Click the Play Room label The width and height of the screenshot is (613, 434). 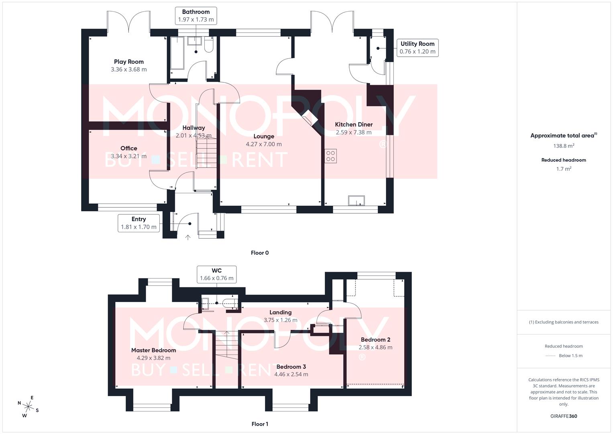tap(128, 61)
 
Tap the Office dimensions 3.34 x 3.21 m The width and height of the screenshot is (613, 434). tap(128, 156)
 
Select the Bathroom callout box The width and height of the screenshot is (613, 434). tap(196, 16)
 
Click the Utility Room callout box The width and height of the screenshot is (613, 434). tap(417, 47)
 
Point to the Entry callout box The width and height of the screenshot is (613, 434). tap(138, 223)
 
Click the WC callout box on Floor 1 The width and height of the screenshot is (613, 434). tap(216, 274)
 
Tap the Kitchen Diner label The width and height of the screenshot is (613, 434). tap(354, 125)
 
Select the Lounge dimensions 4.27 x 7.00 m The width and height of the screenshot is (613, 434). tap(264, 144)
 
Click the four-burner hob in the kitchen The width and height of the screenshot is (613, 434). tap(331, 156)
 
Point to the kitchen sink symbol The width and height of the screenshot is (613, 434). tap(356, 201)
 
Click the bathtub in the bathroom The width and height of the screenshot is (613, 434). tap(177, 53)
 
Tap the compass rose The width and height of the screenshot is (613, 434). tap(28, 406)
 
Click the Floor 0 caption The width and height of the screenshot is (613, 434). tap(260, 253)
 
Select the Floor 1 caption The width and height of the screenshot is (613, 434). tap(260, 424)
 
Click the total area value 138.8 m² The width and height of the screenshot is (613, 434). tap(564, 146)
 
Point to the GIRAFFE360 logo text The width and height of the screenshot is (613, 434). tap(564, 416)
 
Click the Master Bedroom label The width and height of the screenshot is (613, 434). tap(153, 350)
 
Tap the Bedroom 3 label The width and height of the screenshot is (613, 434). tap(291, 366)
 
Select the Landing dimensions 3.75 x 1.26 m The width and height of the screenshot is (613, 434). tap(280, 320)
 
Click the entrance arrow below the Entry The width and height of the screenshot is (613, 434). tap(187, 237)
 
